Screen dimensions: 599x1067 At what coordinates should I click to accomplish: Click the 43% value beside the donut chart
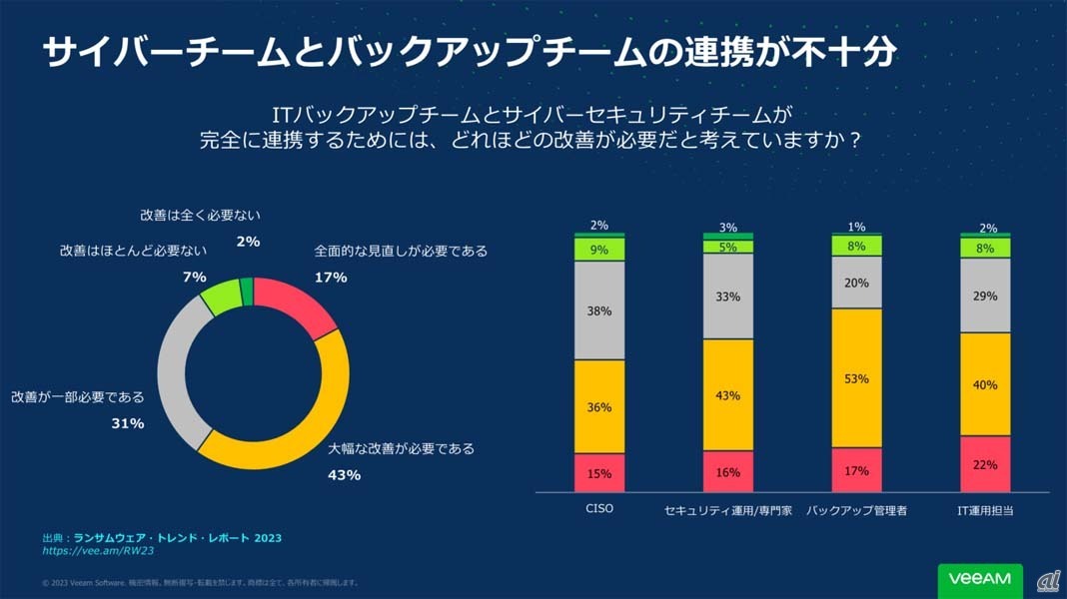pos(344,475)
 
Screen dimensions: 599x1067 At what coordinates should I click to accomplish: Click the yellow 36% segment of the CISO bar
pos(599,406)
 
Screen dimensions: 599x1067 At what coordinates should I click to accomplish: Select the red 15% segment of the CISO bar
pos(599,473)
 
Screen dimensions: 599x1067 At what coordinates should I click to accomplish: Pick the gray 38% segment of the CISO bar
pos(599,310)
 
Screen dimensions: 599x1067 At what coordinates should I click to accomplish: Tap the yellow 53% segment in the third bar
pos(857,378)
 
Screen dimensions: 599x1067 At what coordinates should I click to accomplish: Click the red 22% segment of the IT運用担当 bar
pos(985,464)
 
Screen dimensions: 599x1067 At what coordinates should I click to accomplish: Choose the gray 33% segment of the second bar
pos(728,297)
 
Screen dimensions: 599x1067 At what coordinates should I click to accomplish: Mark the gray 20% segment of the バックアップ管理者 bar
pos(857,283)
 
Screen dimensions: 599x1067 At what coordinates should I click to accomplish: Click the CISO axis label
pos(599,509)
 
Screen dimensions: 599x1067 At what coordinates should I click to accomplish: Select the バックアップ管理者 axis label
pos(857,510)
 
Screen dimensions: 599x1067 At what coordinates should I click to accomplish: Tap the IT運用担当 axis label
pos(985,510)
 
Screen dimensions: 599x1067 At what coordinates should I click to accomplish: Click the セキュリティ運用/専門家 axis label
pos(728,510)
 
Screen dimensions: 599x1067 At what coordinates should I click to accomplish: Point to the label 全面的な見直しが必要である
pos(401,252)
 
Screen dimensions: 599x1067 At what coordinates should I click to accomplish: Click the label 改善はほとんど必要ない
pos(132,252)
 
